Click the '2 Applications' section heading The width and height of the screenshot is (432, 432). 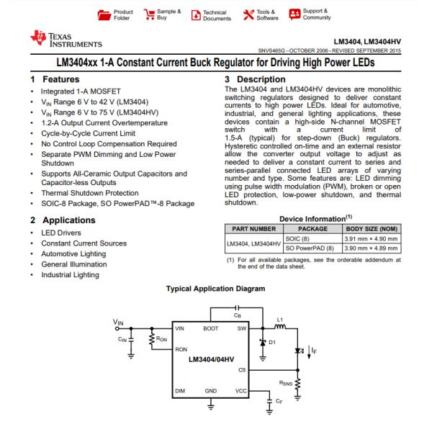click(66, 220)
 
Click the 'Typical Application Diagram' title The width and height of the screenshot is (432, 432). click(216, 289)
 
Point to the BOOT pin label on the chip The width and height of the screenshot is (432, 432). click(211, 328)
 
